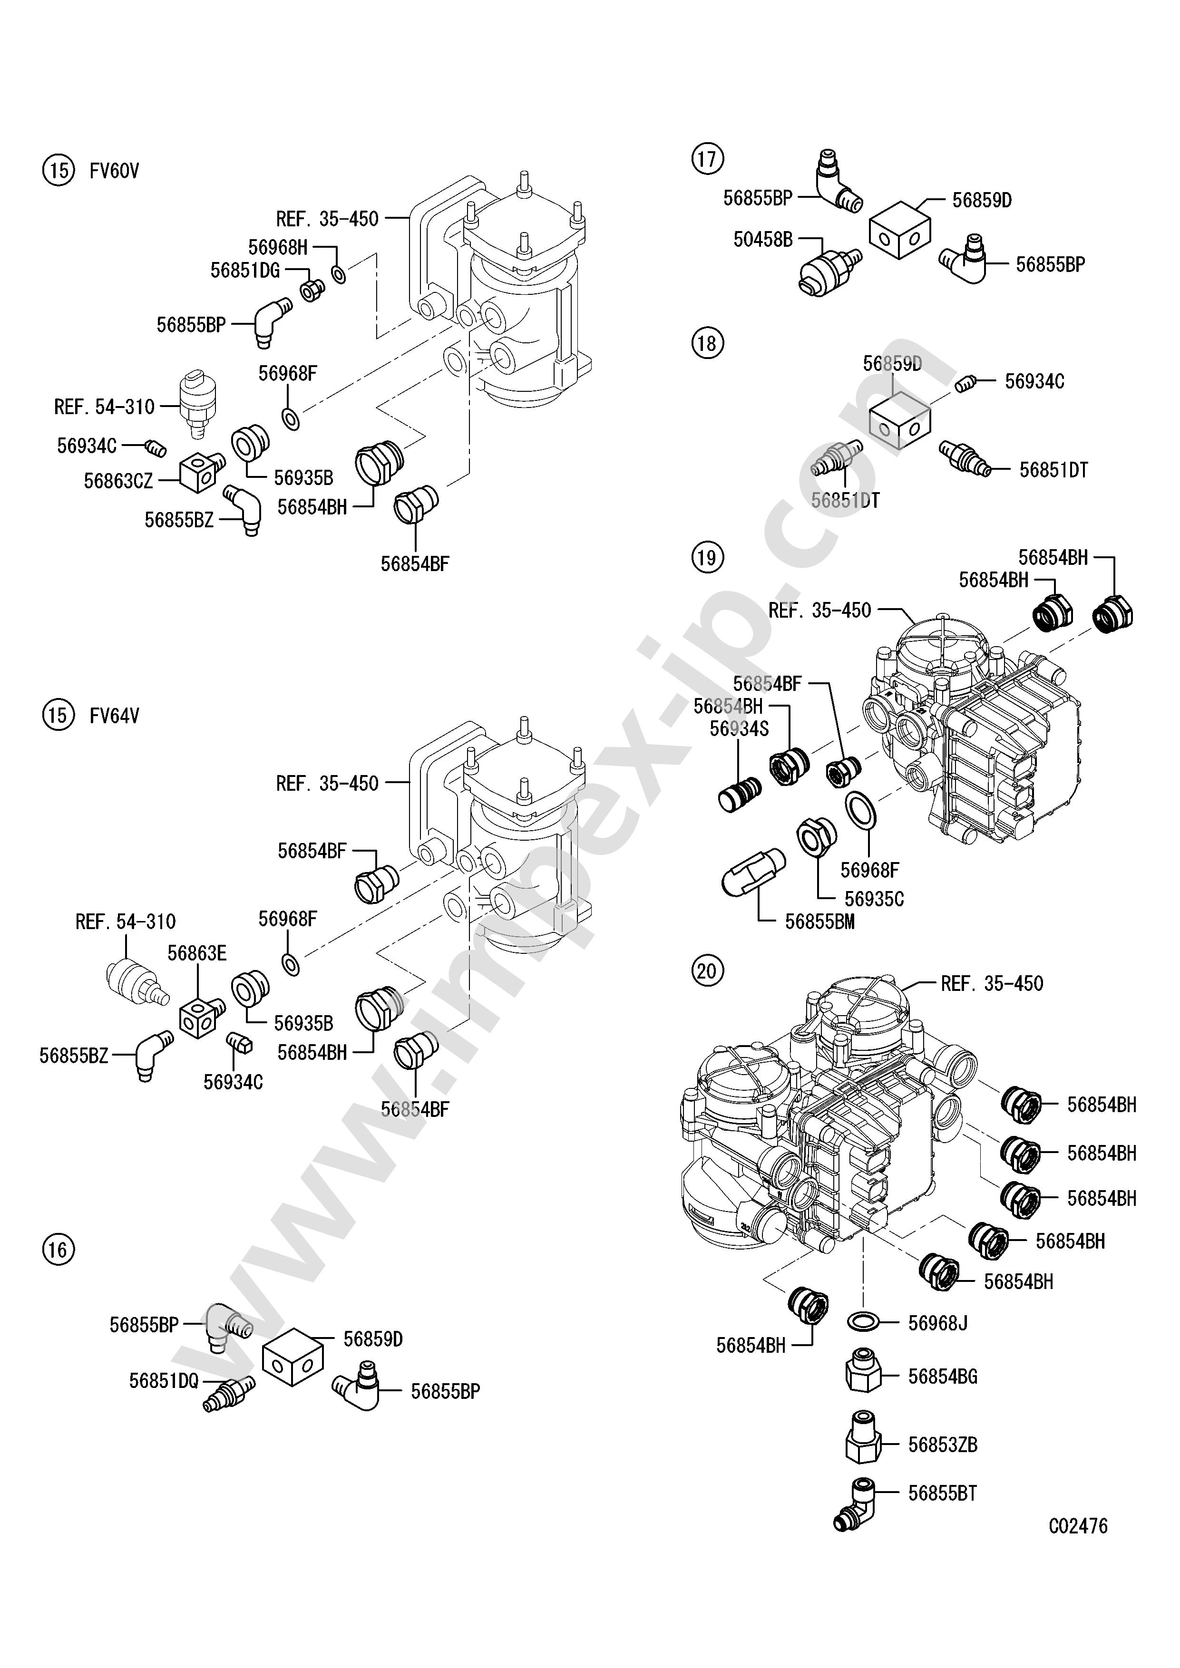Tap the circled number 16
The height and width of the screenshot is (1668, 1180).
58,1250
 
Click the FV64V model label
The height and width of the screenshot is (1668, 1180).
114,716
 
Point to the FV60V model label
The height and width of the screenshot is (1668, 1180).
114,172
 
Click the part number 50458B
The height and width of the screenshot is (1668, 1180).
762,239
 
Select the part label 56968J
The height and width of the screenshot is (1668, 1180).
937,1323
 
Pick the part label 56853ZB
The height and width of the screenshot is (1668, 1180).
942,1444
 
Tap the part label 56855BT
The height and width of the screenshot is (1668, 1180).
942,1493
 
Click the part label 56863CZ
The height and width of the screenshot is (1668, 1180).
118,481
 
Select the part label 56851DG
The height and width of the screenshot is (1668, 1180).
245,270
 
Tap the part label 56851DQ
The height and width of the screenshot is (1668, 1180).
164,1380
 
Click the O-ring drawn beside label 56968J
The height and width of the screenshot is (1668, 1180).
862,1321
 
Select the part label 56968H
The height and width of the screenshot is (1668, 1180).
278,248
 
